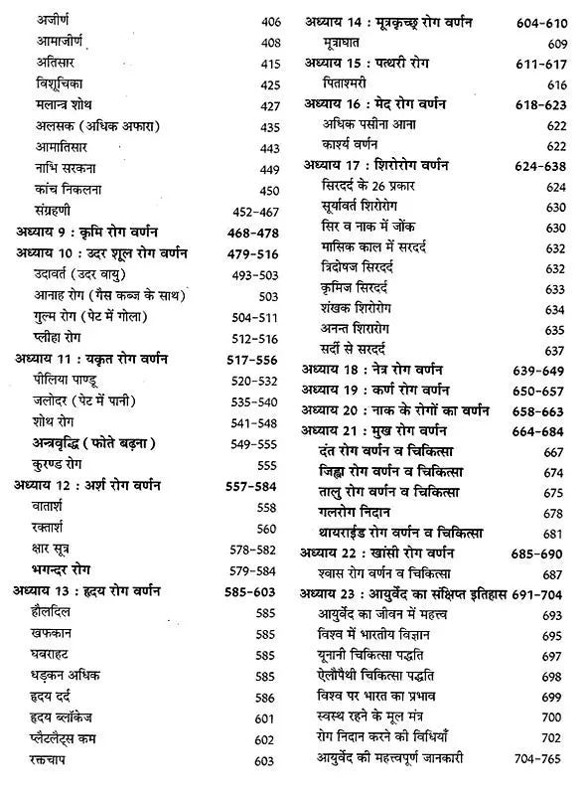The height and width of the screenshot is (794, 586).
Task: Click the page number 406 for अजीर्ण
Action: (270, 19)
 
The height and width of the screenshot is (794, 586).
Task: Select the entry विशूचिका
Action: (63, 85)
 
